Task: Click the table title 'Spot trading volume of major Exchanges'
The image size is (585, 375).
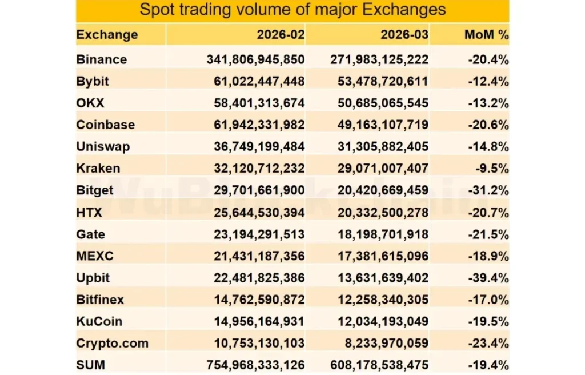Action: tap(292, 10)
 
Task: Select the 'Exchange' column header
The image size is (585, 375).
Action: tap(107, 34)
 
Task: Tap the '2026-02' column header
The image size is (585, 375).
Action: tap(281, 34)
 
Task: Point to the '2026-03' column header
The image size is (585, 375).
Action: tap(404, 34)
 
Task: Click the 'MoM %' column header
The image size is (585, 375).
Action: tap(486, 34)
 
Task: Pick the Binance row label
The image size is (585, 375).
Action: tap(102, 59)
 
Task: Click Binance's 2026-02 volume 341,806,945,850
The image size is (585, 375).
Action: tap(255, 59)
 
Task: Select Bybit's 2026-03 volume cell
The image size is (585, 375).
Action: tap(379, 81)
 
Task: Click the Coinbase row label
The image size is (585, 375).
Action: tap(105, 125)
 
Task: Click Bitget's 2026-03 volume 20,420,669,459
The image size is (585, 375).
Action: tap(379, 190)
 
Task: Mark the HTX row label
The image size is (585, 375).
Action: tap(89, 212)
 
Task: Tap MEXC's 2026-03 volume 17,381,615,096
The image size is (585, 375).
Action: tap(379, 256)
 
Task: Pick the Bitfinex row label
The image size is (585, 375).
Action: tap(100, 300)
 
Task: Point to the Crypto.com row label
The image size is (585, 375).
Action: tap(112, 343)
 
